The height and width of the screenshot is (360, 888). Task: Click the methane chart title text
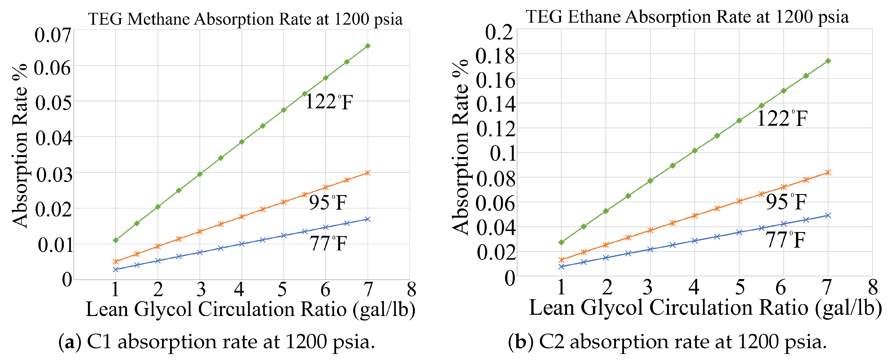tap(245, 19)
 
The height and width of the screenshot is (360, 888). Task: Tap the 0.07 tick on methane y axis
tap(53, 35)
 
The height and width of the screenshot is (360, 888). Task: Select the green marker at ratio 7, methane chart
tap(368, 46)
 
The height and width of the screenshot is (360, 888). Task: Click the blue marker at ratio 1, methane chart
tap(116, 269)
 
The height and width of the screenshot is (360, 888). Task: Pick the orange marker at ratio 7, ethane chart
tap(828, 172)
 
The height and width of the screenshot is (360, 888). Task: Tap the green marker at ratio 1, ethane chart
tap(561, 242)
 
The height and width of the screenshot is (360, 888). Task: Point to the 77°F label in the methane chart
tap(328, 243)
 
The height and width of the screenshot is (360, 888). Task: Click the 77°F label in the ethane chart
tap(785, 240)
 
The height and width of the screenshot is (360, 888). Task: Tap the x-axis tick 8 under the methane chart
tap(411, 289)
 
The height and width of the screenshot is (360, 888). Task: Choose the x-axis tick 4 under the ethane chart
tap(694, 287)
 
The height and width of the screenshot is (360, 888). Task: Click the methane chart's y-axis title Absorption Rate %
tap(20, 145)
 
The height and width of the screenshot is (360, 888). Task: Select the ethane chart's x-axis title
tap(705, 308)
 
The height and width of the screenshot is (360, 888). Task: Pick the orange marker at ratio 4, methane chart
tap(242, 216)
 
